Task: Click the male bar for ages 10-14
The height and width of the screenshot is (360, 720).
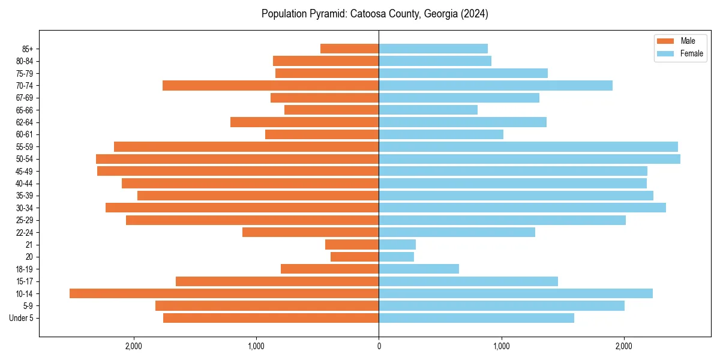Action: (224, 293)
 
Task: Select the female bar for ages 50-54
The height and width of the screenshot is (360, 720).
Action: (529, 159)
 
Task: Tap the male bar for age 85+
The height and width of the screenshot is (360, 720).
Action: (349, 49)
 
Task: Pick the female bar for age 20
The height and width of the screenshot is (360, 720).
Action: (396, 257)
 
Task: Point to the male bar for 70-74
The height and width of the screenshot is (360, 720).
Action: (271, 85)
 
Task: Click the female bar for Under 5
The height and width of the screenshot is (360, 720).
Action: (476, 318)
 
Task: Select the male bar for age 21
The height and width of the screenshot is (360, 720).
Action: (352, 245)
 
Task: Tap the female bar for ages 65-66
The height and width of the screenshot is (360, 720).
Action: (428, 110)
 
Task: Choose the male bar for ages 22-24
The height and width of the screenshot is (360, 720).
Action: (310, 232)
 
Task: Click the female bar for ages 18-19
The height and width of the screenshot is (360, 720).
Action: (419, 269)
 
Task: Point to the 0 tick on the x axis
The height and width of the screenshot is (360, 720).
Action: (379, 346)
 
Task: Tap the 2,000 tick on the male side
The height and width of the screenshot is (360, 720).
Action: (133, 346)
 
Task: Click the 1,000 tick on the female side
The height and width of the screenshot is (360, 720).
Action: (501, 346)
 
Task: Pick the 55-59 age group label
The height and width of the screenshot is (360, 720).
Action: (25, 147)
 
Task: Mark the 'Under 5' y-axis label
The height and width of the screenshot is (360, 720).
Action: (22, 318)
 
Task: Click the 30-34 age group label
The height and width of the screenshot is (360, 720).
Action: (25, 208)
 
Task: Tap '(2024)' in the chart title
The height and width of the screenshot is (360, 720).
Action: (475, 14)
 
